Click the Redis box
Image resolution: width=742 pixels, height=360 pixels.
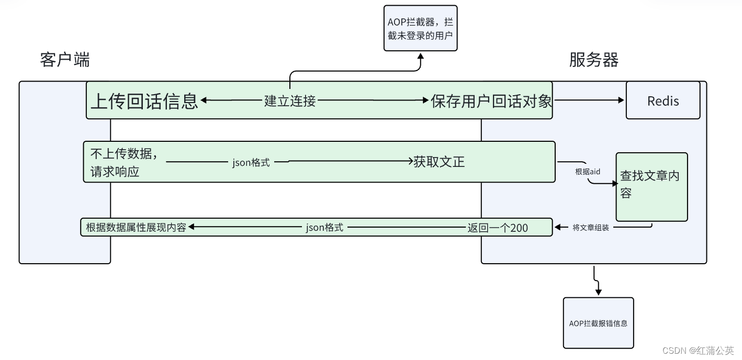(x=662, y=100)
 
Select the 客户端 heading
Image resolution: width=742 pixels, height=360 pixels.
(x=65, y=60)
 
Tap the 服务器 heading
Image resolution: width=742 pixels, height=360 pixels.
(x=594, y=60)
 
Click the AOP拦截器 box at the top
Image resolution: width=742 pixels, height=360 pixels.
(x=420, y=28)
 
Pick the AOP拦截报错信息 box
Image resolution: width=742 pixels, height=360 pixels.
(x=598, y=323)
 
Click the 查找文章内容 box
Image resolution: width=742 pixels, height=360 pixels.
(x=651, y=187)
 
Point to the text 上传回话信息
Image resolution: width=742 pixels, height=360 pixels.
(x=144, y=100)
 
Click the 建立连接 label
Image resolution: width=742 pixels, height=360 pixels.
(x=290, y=100)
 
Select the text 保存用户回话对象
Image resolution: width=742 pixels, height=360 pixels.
(x=491, y=100)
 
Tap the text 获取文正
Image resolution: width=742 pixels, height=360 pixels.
(x=439, y=162)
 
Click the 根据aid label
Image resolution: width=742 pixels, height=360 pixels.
(x=587, y=172)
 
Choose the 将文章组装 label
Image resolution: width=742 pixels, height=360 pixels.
(x=590, y=228)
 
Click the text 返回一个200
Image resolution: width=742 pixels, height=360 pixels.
(x=497, y=228)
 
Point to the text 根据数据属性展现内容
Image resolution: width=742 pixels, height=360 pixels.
(x=136, y=228)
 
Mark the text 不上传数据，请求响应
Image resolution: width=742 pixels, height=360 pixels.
(x=125, y=162)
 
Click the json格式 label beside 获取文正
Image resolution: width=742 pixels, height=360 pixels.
(x=251, y=162)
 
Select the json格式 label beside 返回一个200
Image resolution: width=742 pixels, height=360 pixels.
(x=324, y=228)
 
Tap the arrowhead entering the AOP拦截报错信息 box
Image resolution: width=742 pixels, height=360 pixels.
(x=598, y=292)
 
